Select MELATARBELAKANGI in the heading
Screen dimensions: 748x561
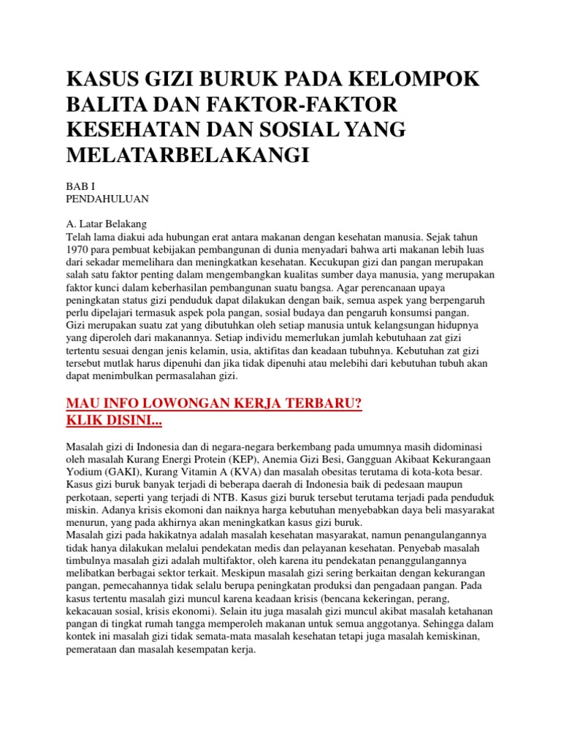point(188,154)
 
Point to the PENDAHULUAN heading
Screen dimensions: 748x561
point(107,199)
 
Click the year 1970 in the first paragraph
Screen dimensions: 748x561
point(78,249)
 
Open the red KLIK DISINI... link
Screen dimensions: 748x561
point(115,423)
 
